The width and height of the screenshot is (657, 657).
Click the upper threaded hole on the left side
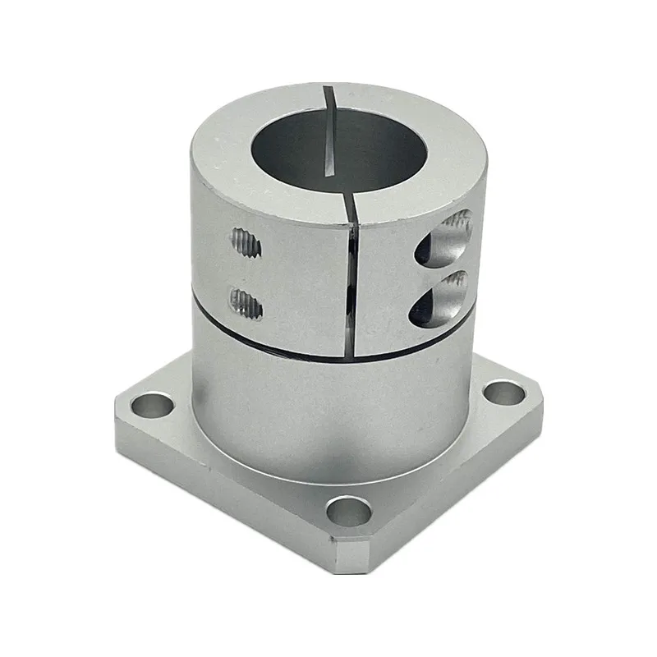pos(246,243)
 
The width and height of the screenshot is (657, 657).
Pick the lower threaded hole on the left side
pos(246,303)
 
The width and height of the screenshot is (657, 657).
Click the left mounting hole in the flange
pos(154,403)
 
